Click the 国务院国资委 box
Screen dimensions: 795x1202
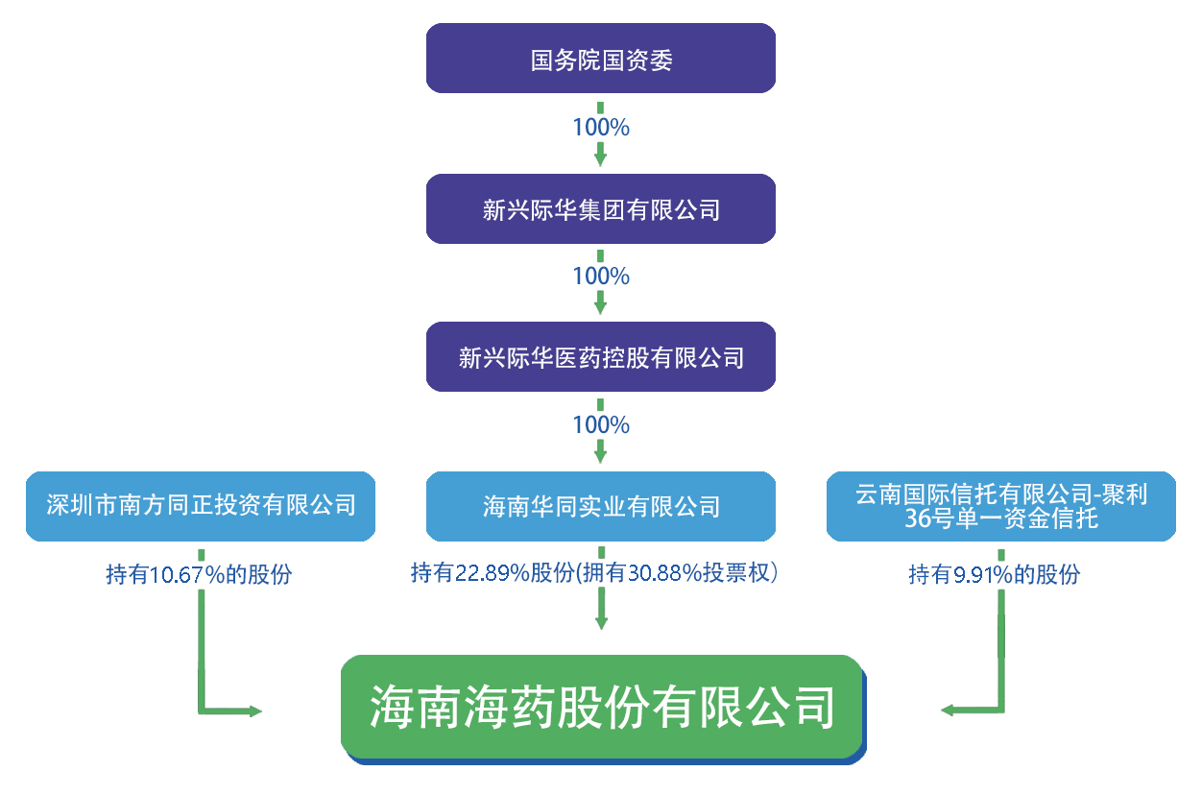[601, 60]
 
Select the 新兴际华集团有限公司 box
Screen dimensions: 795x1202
[601, 208]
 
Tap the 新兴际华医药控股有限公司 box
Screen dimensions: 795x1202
[601, 357]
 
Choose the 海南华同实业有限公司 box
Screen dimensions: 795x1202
[601, 506]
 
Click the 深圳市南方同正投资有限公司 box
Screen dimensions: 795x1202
[201, 506]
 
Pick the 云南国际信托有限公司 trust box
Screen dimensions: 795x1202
[1001, 506]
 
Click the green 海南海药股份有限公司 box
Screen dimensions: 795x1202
[602, 708]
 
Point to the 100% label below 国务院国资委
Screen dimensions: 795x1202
[601, 127]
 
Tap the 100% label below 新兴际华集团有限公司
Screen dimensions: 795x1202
[601, 277]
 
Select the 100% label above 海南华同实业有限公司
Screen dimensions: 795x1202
[601, 425]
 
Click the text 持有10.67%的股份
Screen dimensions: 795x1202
[199, 575]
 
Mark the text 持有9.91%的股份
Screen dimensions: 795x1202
[995, 575]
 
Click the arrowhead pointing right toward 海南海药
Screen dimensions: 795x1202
[254, 711]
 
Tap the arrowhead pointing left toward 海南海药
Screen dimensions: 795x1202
[948, 711]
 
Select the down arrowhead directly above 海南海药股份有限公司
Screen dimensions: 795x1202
[601, 621]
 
